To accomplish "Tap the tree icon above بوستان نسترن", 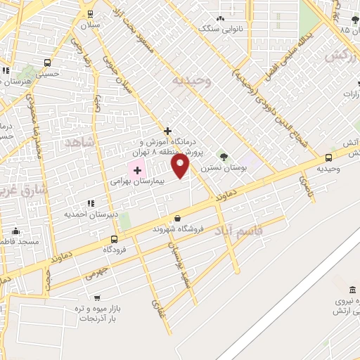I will (224, 156).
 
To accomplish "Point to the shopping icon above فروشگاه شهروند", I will (177, 219).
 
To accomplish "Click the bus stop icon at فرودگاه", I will (114, 239).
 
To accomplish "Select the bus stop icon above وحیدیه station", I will (329, 157).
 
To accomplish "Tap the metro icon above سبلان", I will (90, 14).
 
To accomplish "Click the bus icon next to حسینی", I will (47, 62).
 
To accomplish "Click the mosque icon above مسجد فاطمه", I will (15, 231).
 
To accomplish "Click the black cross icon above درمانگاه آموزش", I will (167, 131).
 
